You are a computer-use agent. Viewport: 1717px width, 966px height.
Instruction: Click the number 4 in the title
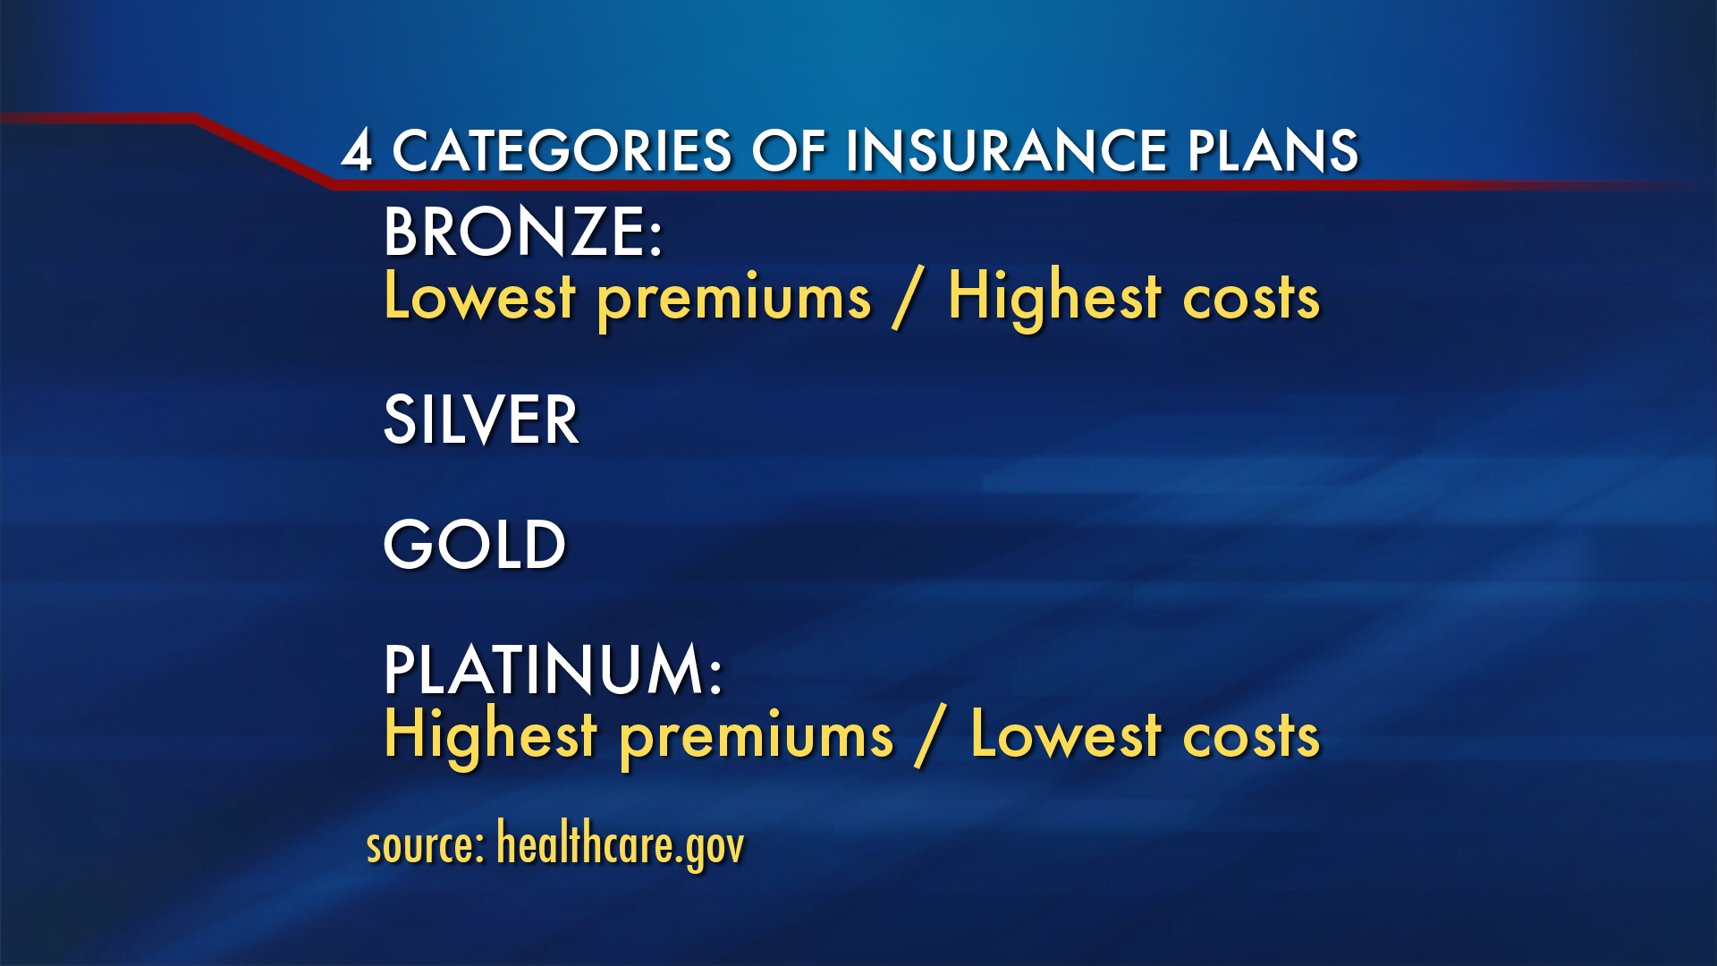point(357,149)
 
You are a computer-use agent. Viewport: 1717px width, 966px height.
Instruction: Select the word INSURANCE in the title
point(1006,149)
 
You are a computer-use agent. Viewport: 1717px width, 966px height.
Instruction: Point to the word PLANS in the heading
point(1273,149)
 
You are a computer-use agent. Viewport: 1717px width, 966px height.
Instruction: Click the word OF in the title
point(789,149)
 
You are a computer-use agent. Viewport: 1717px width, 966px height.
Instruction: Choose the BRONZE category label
point(523,232)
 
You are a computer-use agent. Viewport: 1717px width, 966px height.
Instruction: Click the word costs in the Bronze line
point(1251,299)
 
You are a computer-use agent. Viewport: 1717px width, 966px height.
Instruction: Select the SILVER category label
point(481,419)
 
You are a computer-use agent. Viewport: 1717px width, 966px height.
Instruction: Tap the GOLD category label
point(475,544)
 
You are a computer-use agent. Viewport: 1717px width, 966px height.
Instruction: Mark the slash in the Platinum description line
point(930,737)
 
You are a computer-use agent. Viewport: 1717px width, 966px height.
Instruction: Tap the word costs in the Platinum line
point(1251,737)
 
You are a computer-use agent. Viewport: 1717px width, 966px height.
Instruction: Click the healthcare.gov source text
point(620,844)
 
